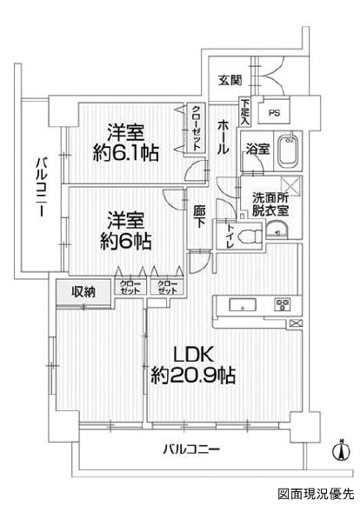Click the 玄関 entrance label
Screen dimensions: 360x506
tap(230, 80)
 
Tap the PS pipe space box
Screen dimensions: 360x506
tap(275, 113)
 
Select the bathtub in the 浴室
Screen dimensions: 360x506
tap(288, 151)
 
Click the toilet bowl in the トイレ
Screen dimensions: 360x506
tap(250, 237)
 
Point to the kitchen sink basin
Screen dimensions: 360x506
tap(243, 304)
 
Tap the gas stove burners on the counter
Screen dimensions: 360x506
tap(283, 304)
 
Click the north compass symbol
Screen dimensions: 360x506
tap(342, 449)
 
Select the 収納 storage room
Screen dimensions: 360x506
tap(83, 292)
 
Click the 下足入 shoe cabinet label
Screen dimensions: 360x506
tap(244, 112)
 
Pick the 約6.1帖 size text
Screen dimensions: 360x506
tap(125, 153)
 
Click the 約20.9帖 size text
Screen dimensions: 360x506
tap(193, 375)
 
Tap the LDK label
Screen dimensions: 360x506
tap(193, 355)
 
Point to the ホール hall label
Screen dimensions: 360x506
tap(223, 136)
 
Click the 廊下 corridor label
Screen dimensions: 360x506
tap(198, 217)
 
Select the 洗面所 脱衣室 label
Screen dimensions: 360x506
tap(270, 204)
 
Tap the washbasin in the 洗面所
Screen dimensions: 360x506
tap(277, 230)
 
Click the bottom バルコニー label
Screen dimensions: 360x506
tap(191, 449)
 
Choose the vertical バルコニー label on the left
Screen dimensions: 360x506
tap(41, 186)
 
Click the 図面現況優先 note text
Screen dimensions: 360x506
tap(317, 493)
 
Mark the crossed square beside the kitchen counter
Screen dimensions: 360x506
tap(296, 323)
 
